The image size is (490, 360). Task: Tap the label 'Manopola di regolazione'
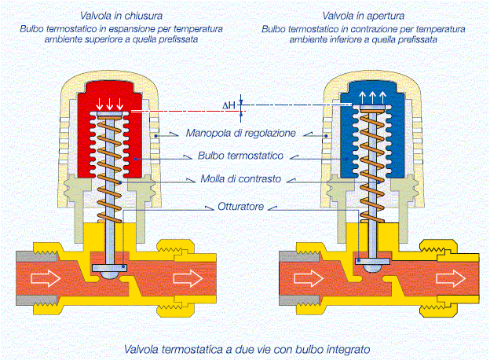point(241,133)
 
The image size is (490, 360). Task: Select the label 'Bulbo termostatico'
point(241,156)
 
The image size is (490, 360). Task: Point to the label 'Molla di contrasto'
point(241,178)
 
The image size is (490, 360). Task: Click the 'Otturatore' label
point(241,208)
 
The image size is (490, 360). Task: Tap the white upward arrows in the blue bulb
point(371,97)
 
